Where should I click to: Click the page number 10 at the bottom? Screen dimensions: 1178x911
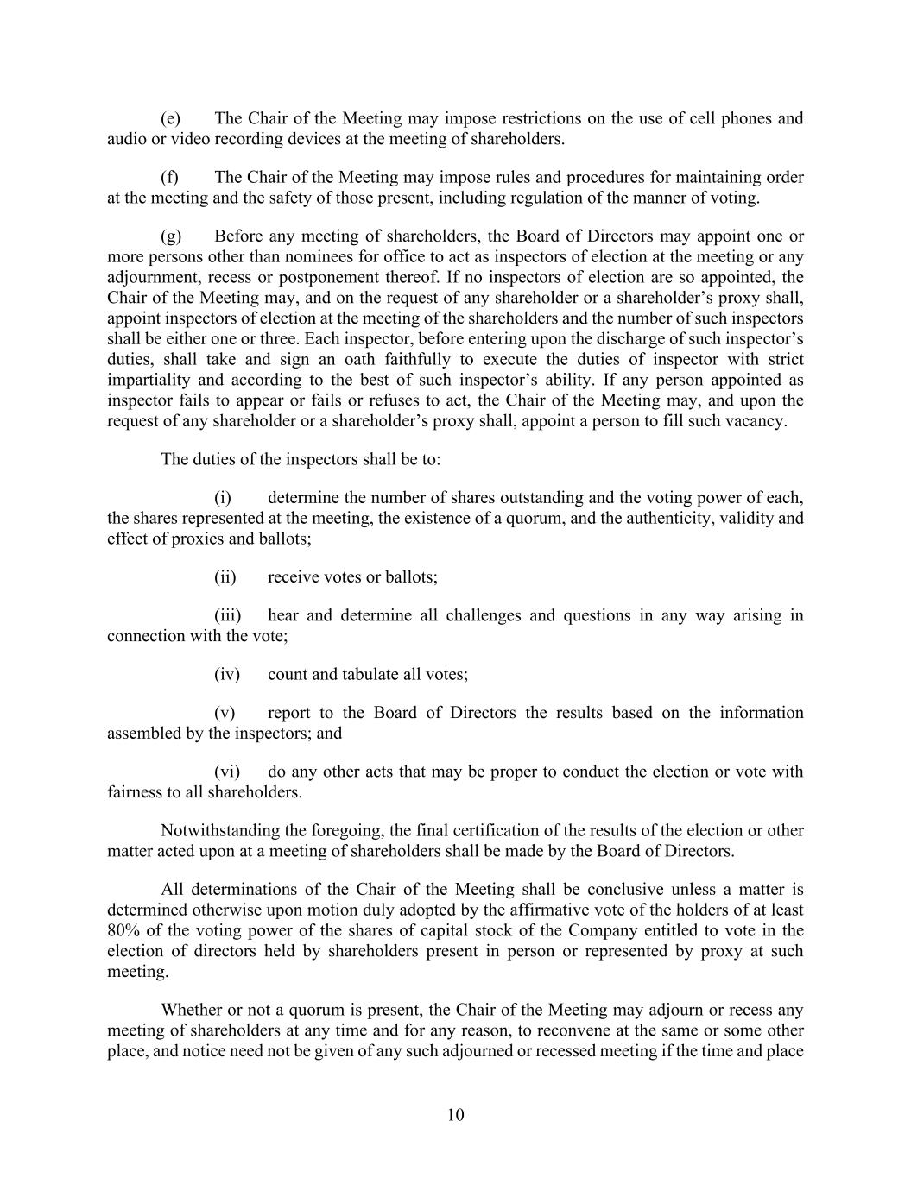click(x=456, y=1115)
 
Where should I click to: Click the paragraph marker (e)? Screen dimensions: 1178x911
click(x=170, y=118)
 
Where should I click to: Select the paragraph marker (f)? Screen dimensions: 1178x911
click(x=169, y=178)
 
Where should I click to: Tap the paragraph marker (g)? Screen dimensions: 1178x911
click(x=170, y=236)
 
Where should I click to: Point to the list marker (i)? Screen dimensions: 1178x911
click(x=223, y=498)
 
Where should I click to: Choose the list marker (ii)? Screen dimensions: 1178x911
click(x=225, y=577)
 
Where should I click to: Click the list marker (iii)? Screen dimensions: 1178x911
click(x=227, y=615)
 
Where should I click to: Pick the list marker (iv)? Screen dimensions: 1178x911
click(x=226, y=674)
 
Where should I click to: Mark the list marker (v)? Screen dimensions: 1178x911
click(x=225, y=713)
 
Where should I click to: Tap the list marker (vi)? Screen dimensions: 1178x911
click(x=226, y=772)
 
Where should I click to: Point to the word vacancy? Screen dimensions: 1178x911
click(x=756, y=422)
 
